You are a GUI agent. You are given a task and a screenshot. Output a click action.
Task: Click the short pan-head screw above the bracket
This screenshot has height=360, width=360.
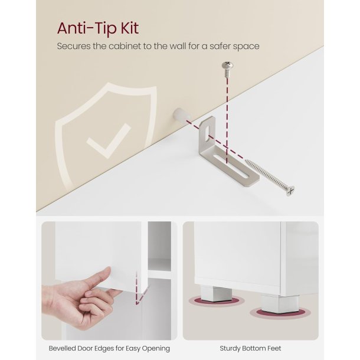pyautogui.click(x=228, y=69)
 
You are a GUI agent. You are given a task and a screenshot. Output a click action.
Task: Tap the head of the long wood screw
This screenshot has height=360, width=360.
pyautogui.click(x=290, y=191)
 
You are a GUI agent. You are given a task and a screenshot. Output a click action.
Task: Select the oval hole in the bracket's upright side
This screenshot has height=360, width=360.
pyautogui.click(x=207, y=132)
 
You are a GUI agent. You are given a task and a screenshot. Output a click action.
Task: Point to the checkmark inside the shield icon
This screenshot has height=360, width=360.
pyautogui.click(x=108, y=140)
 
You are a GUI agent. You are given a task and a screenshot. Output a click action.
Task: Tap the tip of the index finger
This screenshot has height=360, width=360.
pyautogui.click(x=109, y=269)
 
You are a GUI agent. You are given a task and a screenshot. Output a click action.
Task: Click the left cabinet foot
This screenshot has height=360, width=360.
pyautogui.click(x=216, y=294)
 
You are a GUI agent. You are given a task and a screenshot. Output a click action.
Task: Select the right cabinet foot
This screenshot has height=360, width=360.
pyautogui.click(x=280, y=303)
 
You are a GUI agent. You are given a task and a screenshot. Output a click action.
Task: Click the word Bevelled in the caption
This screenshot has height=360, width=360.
pyautogui.click(x=62, y=348)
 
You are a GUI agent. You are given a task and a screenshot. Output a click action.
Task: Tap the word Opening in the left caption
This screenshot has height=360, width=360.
pyautogui.click(x=156, y=349)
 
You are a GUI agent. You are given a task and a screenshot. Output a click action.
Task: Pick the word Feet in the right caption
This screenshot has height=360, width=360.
pyautogui.click(x=274, y=348)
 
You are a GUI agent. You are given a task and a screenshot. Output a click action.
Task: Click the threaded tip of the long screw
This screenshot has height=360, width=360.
pyautogui.click(x=247, y=161)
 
